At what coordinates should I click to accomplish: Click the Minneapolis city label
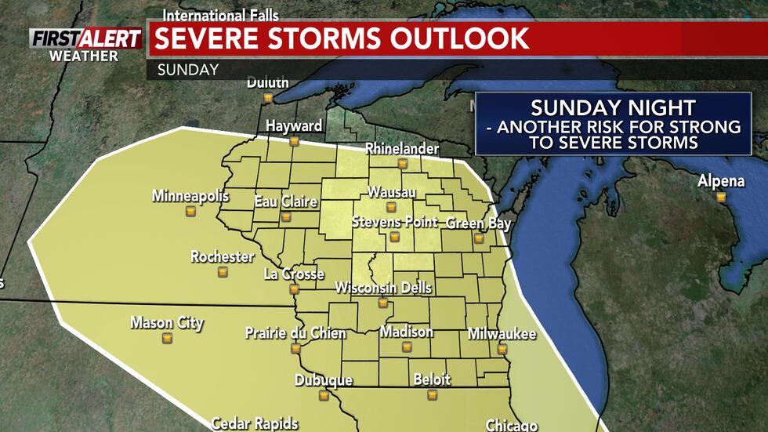190,195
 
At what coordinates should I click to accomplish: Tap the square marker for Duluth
268,98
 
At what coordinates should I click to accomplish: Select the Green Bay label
478,223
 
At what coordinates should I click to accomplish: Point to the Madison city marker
407,347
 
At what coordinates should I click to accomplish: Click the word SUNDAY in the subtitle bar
188,69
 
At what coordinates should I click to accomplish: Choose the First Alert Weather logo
85,44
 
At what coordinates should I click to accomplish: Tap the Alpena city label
721,182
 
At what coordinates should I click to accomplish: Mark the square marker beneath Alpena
720,197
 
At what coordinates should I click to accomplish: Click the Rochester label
223,256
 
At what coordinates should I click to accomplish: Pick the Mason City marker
166,338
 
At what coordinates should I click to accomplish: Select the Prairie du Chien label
295,332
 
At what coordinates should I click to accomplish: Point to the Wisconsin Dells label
383,288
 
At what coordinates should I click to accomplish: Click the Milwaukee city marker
502,349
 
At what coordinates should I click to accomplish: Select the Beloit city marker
432,394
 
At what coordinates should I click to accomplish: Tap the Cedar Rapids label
254,423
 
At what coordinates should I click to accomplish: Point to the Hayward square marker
294,141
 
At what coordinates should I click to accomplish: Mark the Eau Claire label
285,201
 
